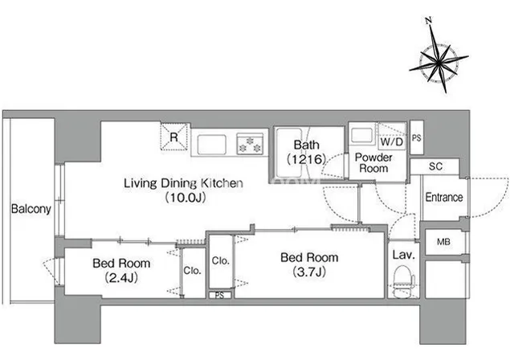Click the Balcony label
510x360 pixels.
[x=31, y=209]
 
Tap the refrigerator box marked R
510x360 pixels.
[x=174, y=137]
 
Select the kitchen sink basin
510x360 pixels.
[x=212, y=144]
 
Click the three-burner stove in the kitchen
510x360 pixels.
[x=250, y=144]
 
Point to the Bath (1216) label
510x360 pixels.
[x=306, y=152]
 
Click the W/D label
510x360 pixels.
[x=392, y=141]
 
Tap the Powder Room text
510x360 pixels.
[x=373, y=163]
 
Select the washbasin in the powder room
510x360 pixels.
[x=361, y=135]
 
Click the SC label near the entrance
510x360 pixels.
[x=435, y=166]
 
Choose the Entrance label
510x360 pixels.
[x=444, y=197]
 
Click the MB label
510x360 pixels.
[x=443, y=242]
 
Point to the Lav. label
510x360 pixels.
[x=404, y=255]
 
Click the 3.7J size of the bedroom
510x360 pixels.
[x=309, y=272]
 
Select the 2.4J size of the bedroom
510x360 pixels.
[x=121, y=277]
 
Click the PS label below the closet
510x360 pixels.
[x=219, y=295]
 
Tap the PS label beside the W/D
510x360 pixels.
[x=416, y=138]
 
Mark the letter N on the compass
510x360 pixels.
[x=429, y=21]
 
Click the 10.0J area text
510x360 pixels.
[x=186, y=198]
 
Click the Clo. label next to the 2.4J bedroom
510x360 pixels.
[x=192, y=271]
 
